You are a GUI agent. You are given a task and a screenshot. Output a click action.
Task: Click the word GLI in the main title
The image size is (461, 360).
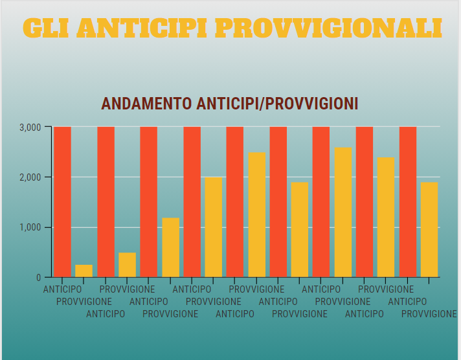tap(45, 28)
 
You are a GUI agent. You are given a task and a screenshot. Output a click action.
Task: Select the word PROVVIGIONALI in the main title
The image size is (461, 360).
tap(328, 28)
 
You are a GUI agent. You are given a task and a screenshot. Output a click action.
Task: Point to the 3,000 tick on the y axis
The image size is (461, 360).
tap(30, 127)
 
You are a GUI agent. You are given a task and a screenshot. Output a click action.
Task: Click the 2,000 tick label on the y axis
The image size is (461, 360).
tap(30, 177)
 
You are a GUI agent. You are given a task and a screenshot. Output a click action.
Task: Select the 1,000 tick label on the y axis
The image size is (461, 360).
tap(30, 228)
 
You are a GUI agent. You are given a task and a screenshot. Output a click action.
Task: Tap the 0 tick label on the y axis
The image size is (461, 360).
tap(39, 278)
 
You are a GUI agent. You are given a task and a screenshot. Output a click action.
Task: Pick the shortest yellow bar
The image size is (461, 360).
tap(84, 271)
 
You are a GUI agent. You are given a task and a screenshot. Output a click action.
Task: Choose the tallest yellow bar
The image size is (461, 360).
tap(343, 212)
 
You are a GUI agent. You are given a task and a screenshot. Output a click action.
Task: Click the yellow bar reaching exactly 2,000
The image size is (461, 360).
tap(214, 227)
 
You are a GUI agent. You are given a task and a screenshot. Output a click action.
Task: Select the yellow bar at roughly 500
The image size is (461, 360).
tap(127, 265)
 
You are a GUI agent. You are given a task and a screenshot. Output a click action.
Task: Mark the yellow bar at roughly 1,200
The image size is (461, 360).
tap(170, 247)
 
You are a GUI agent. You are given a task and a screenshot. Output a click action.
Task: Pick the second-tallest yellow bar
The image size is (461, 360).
tap(256, 215)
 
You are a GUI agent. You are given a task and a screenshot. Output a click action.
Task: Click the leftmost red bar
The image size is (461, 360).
tap(62, 202)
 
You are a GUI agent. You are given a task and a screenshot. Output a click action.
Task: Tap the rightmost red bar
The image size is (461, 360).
tap(408, 202)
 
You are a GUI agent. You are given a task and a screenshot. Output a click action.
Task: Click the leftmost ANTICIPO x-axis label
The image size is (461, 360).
tap(62, 289)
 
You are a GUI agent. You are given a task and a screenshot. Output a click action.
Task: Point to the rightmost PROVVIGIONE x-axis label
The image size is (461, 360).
tap(429, 314)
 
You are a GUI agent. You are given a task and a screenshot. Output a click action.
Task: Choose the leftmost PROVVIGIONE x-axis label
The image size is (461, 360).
tap(84, 301)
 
